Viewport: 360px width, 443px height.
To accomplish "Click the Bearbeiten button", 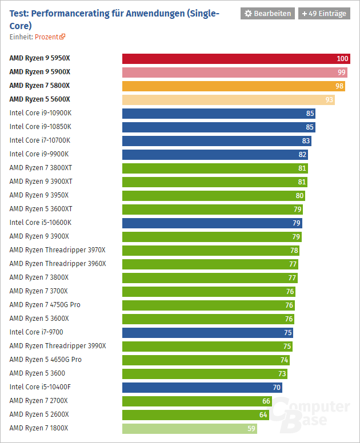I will click(267, 13).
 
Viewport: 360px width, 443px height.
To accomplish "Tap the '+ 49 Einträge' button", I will click(324, 13).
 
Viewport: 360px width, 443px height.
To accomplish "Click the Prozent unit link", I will click(50, 37).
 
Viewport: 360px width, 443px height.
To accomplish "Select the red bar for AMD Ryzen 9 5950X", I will click(235, 58).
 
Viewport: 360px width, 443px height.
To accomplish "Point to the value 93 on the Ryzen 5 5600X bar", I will click(329, 99).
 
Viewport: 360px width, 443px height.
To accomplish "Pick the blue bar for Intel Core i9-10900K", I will click(218, 113).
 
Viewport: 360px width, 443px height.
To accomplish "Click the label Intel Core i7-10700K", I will click(40, 140).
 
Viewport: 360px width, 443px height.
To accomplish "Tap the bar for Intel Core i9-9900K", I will click(215, 154).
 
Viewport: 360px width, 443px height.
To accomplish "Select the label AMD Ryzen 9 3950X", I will click(39, 195).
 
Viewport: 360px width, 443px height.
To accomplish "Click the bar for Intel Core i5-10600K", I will click(212, 223).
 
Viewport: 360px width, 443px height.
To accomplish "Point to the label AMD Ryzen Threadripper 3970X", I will click(58, 250).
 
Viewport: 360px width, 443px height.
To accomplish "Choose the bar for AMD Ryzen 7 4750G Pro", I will click(209, 305).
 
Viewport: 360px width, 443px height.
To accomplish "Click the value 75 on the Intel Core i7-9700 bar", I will click(287, 332).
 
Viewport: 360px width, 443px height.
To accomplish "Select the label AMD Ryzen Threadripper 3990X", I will click(58, 346).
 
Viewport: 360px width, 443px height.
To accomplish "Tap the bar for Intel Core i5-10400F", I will click(202, 387).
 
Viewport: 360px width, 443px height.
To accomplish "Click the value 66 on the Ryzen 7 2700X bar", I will click(266, 401).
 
